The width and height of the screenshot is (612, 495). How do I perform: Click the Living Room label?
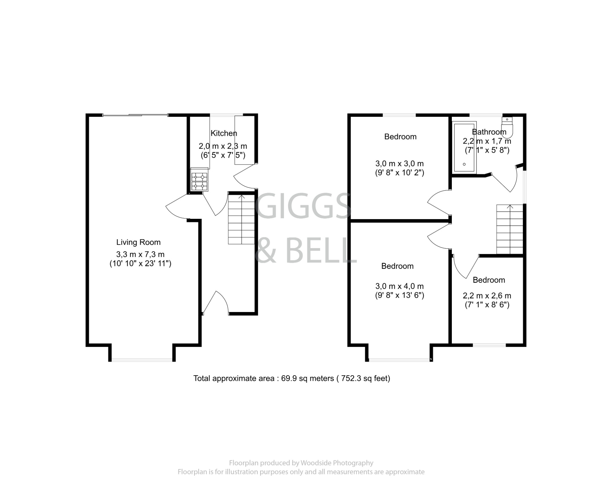(x=138, y=242)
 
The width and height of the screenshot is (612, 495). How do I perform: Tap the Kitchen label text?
(x=224, y=133)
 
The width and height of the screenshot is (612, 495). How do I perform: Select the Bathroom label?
(x=489, y=132)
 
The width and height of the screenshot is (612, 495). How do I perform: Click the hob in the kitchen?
(x=199, y=181)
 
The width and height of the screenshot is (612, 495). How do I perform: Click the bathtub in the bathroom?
(x=464, y=147)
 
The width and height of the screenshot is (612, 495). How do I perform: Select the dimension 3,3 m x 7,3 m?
(x=140, y=254)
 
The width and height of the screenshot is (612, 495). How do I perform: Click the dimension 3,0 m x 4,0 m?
(x=399, y=286)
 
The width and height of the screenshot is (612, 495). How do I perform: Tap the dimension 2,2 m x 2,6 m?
(x=487, y=296)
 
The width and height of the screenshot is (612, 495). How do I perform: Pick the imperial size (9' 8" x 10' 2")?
(x=400, y=173)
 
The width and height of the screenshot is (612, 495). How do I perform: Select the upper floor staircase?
(x=510, y=229)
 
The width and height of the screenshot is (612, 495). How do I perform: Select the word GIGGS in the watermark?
(x=302, y=206)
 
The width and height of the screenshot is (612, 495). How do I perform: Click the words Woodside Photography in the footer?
(x=337, y=463)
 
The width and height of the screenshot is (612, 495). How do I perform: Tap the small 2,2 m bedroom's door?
(x=465, y=267)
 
